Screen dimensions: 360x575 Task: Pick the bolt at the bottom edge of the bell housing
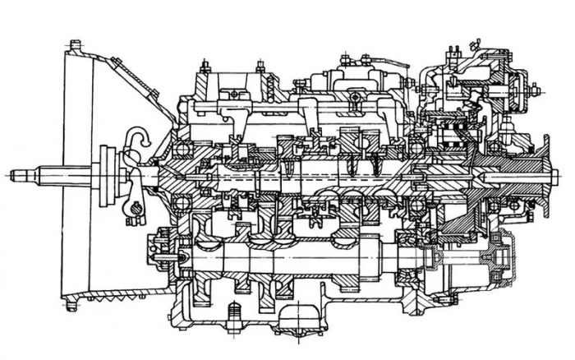pos(72,307)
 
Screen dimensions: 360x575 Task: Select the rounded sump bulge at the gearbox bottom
pos(300,317)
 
